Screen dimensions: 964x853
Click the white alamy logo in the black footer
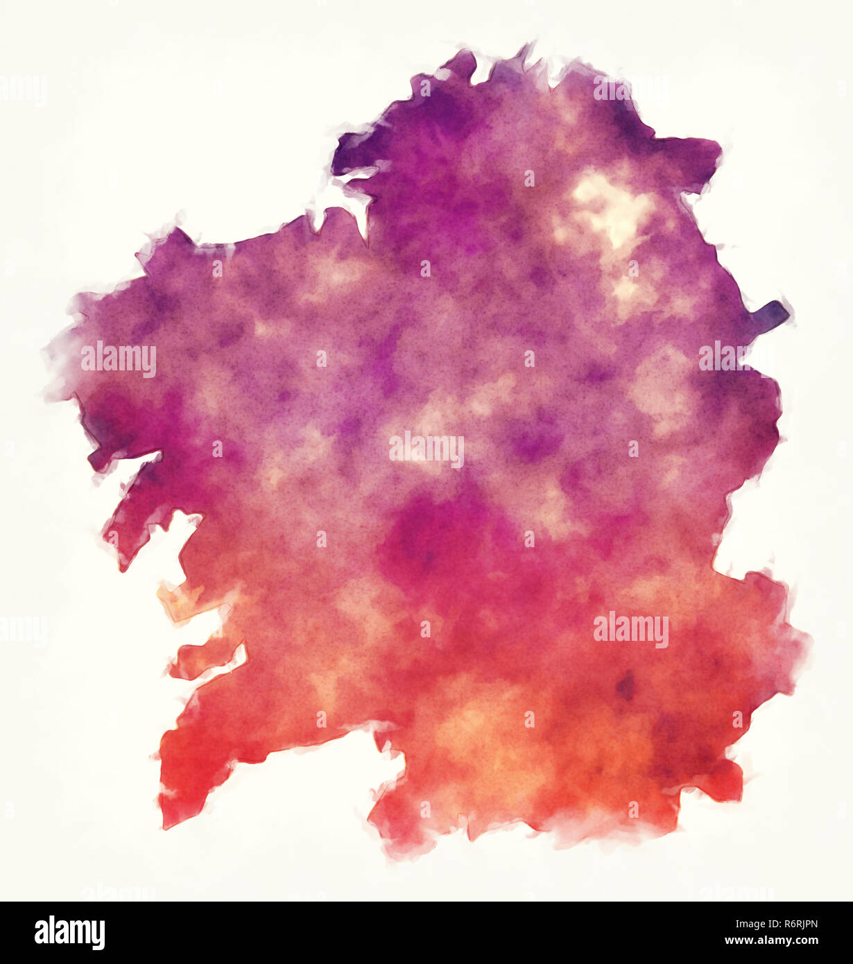click(69, 933)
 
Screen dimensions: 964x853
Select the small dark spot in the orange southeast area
click(626, 687)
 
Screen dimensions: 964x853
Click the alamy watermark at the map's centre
click(426, 449)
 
